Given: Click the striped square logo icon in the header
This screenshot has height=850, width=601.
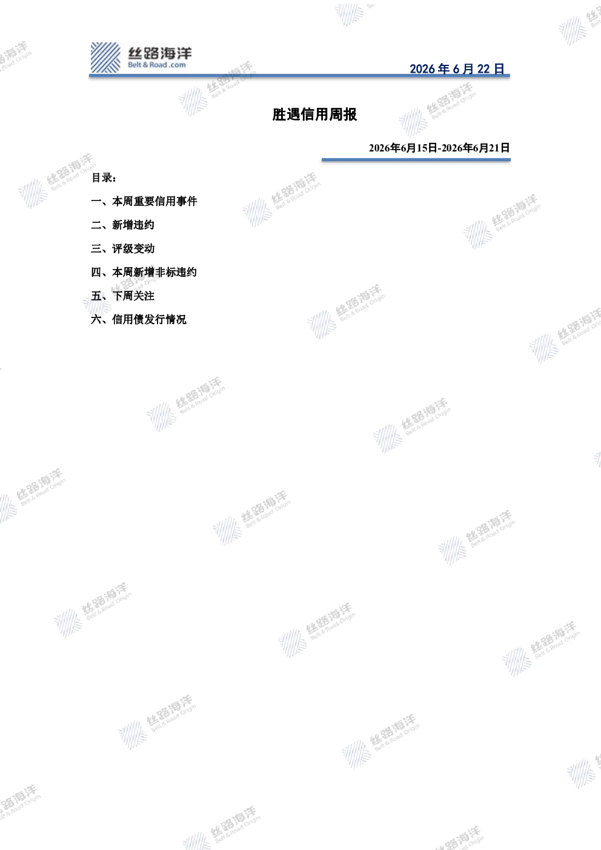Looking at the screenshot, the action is point(105,58).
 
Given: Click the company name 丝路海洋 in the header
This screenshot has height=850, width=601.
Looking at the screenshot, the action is point(160,53).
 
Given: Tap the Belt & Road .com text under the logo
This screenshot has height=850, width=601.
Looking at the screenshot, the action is point(157,65).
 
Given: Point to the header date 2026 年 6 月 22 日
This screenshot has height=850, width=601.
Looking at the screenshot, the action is point(457,68).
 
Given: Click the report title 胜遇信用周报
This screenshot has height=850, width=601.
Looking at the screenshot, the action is point(314,115).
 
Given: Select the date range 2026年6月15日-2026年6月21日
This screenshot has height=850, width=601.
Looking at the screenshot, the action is point(439,148).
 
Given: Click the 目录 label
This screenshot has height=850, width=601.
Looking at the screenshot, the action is point(104,178).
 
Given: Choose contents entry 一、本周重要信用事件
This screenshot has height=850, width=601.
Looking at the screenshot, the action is point(144,201).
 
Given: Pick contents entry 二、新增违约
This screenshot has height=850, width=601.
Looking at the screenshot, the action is point(122,225).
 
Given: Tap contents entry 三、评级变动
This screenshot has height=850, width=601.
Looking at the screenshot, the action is point(122,248).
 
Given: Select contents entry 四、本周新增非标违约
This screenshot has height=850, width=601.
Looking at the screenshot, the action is point(144,272).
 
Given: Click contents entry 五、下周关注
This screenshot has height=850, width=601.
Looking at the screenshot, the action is point(122,296).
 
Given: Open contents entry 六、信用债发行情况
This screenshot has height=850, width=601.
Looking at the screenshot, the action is point(139,319).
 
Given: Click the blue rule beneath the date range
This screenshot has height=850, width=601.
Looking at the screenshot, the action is point(416,160).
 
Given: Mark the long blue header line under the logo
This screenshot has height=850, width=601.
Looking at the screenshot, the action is point(299,76).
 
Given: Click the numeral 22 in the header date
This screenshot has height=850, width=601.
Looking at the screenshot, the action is point(483,69).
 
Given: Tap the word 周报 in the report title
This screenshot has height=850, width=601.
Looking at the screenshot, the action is point(343,115).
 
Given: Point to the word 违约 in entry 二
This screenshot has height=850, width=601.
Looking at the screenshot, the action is point(144,225).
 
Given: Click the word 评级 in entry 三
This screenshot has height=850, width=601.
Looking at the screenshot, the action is point(122,248).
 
